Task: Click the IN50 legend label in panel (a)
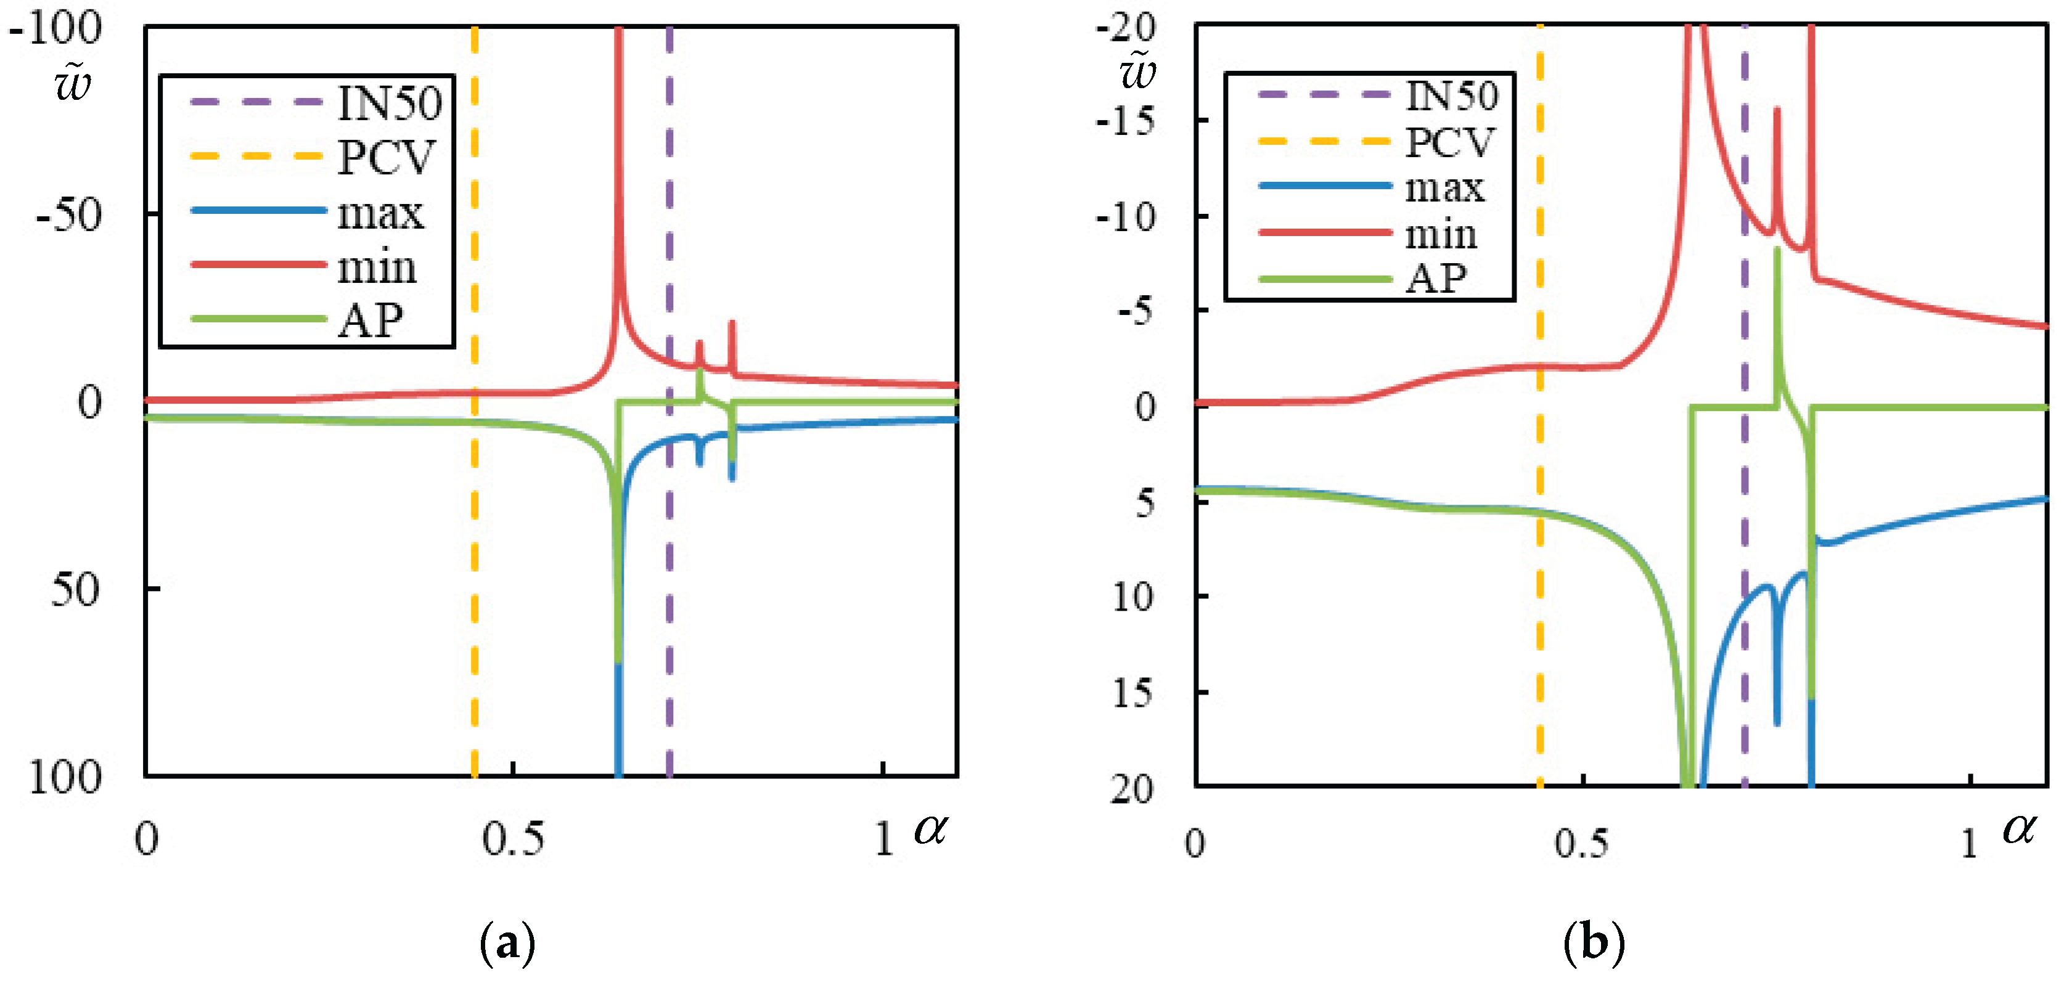(389, 103)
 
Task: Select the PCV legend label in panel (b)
(1449, 142)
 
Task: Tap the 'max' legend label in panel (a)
(380, 213)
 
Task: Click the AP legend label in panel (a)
(370, 321)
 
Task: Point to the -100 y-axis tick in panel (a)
(55, 28)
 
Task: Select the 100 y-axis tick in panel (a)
(64, 777)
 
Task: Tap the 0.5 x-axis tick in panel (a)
(512, 839)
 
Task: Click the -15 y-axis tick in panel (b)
(1126, 121)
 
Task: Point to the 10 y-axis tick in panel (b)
(1132, 596)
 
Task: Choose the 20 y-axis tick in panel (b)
(1132, 789)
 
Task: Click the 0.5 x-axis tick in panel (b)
(1581, 843)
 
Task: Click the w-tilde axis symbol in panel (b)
(1138, 71)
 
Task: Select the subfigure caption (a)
(507, 943)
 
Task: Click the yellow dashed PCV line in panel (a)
(475, 563)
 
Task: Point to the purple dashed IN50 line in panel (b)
(1744, 483)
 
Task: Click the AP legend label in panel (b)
(1435, 279)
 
